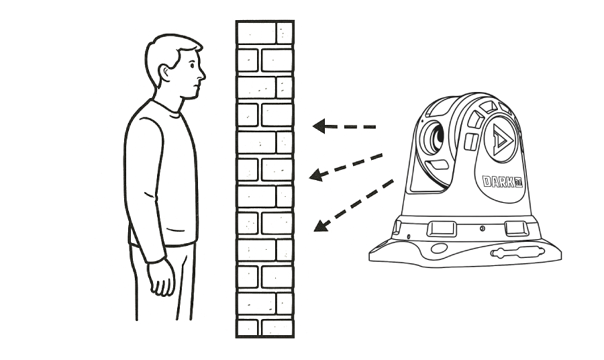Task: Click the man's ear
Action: (164, 72)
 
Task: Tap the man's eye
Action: (193, 67)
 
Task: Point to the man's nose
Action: (202, 74)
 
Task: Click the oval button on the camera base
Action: (440, 249)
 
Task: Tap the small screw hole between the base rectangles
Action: (481, 229)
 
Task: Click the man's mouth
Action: (197, 85)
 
